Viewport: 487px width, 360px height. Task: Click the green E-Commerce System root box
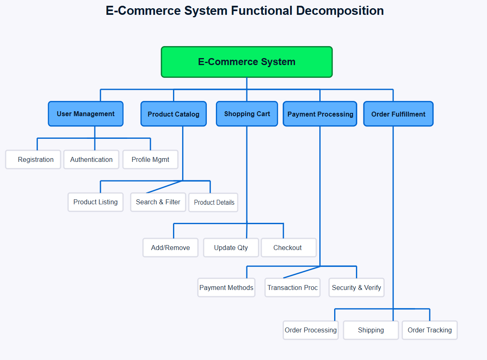point(246,62)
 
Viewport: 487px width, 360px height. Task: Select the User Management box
point(86,114)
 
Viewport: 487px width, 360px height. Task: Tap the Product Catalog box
point(173,114)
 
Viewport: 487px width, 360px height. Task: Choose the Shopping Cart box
point(247,114)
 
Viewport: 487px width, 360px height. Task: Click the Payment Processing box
point(320,114)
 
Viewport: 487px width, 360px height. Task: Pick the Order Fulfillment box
point(398,114)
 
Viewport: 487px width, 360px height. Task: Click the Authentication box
point(91,159)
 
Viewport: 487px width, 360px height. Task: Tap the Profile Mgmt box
point(150,159)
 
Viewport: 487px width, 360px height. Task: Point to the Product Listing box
point(96,202)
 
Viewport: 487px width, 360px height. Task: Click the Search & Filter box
point(158,202)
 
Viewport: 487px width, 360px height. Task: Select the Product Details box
point(213,202)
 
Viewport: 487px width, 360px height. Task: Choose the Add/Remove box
point(171,248)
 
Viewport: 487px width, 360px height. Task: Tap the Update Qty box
point(231,248)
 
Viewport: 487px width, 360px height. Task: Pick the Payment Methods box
point(226,288)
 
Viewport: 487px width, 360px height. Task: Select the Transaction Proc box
point(293,288)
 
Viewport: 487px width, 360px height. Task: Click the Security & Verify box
point(356,288)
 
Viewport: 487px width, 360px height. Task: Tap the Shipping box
point(371,330)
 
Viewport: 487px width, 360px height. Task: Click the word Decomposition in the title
point(340,11)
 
